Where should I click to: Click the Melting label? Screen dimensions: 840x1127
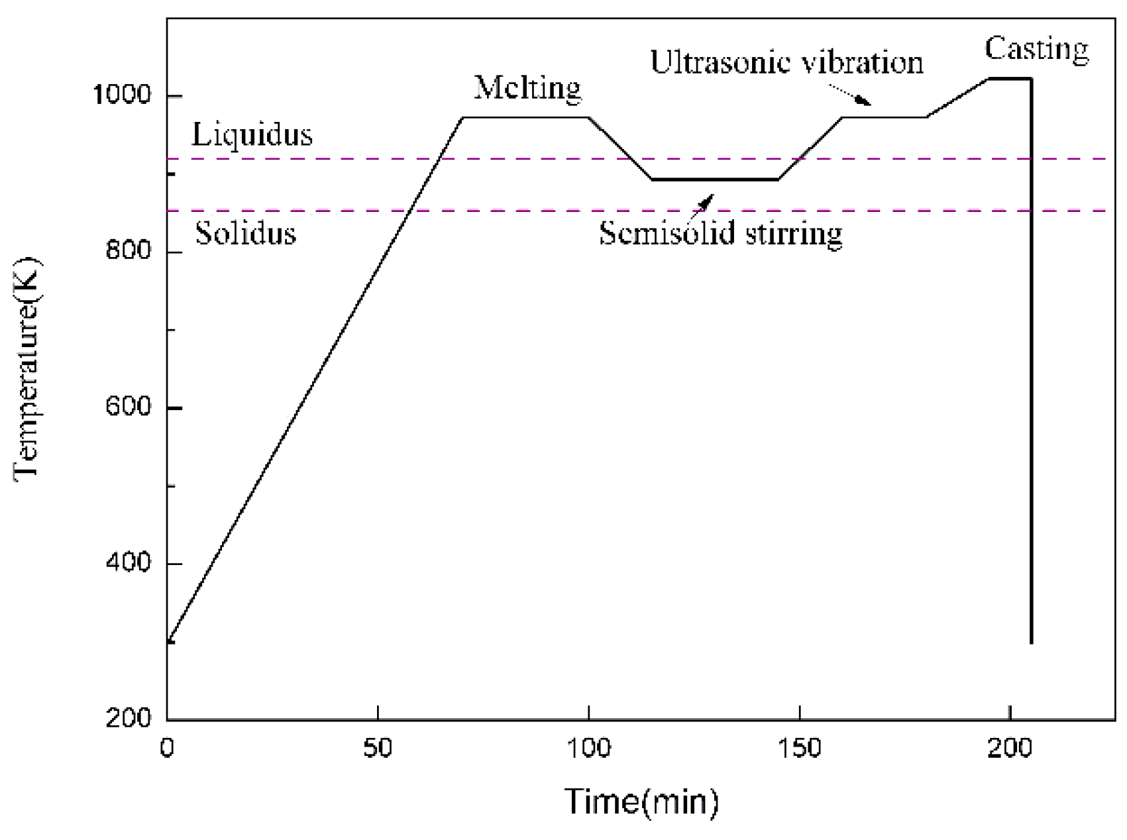[x=527, y=87]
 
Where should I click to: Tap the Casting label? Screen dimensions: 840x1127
[x=1036, y=49]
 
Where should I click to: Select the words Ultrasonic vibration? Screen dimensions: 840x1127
[x=786, y=62]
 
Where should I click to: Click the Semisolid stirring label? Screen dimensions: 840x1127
[x=720, y=233]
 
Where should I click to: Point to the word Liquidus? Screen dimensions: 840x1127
[x=252, y=134]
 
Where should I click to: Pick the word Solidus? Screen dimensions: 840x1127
[x=245, y=233]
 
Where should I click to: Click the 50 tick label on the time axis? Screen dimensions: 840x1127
[x=377, y=748]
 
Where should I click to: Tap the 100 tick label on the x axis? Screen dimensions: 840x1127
[x=588, y=748]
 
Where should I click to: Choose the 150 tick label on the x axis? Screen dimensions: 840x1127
[x=800, y=748]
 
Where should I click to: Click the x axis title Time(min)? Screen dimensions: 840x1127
[x=641, y=802]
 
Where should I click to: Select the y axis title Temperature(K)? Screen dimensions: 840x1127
[x=28, y=366]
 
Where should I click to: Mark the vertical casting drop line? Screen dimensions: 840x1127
[x=1032, y=397]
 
